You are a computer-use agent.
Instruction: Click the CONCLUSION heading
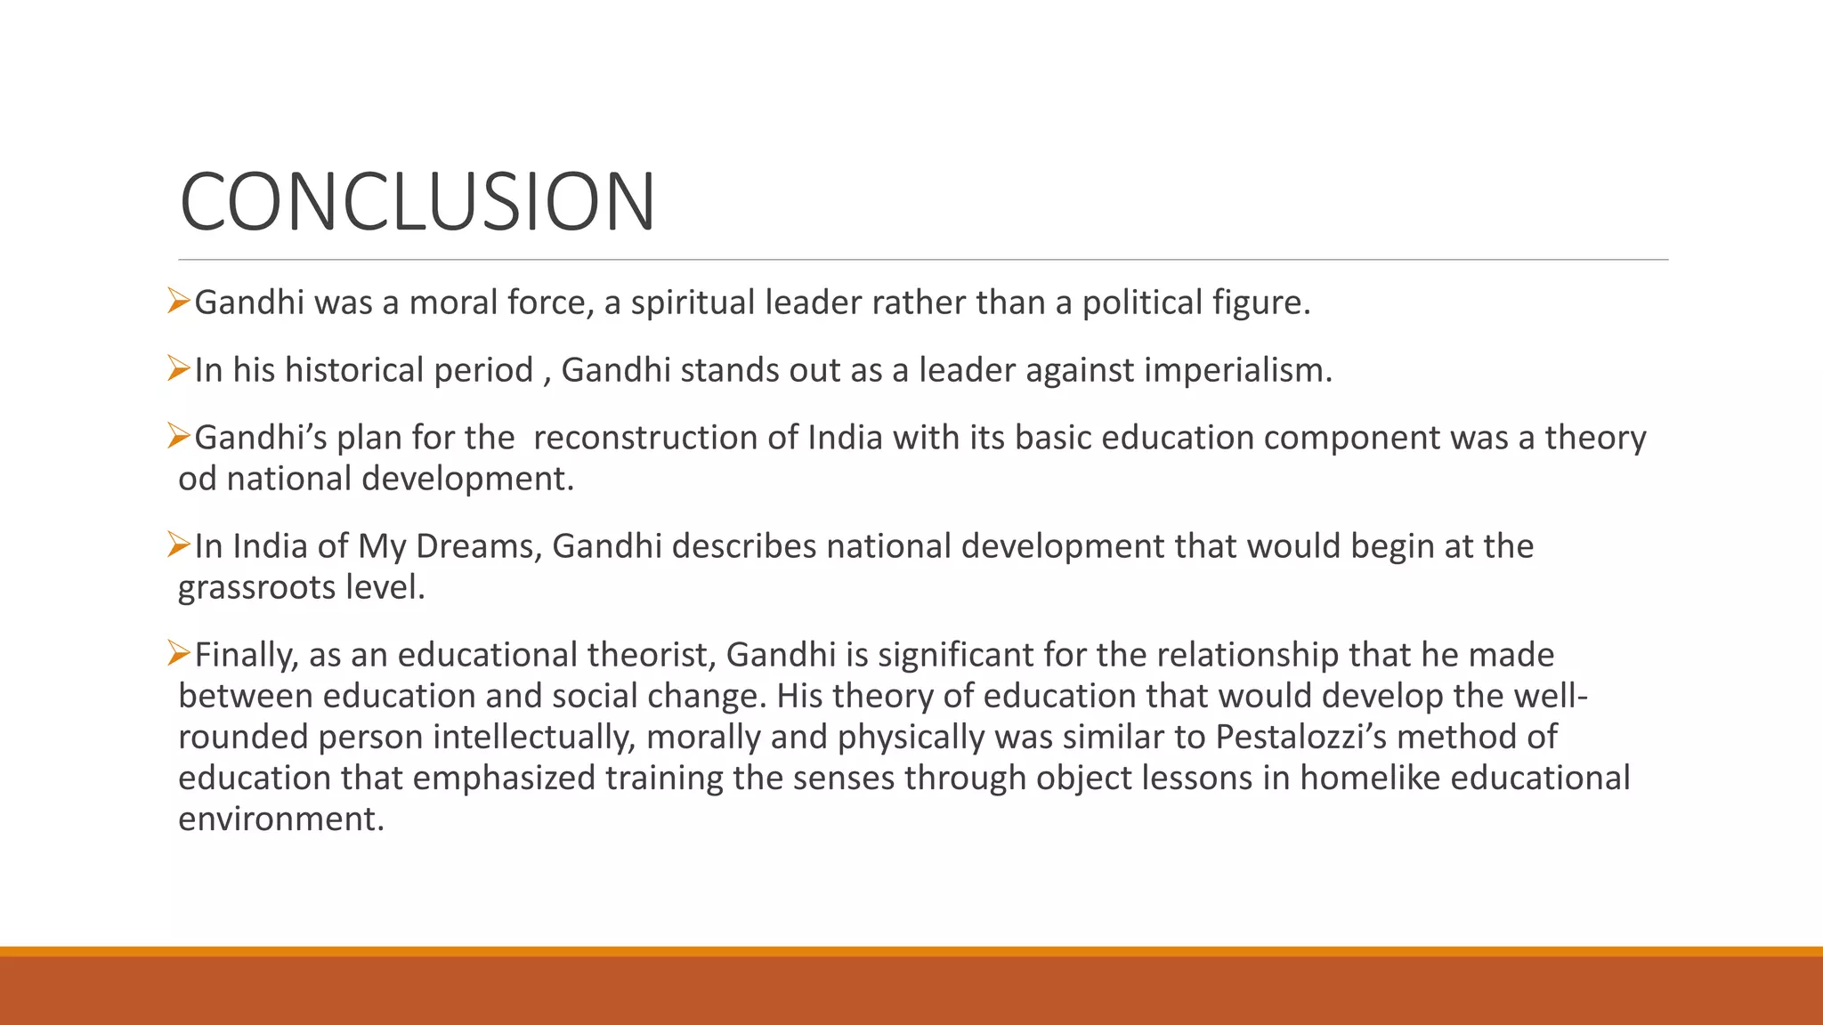coord(417,202)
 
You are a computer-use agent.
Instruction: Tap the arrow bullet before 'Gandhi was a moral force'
coord(179,302)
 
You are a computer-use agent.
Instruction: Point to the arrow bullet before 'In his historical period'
coord(179,369)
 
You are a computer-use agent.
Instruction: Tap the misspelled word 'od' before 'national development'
coord(197,479)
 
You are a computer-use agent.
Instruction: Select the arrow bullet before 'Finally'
coord(179,654)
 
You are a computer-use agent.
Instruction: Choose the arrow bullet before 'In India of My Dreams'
coord(179,545)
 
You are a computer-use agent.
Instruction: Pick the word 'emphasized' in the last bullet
coord(504,778)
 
